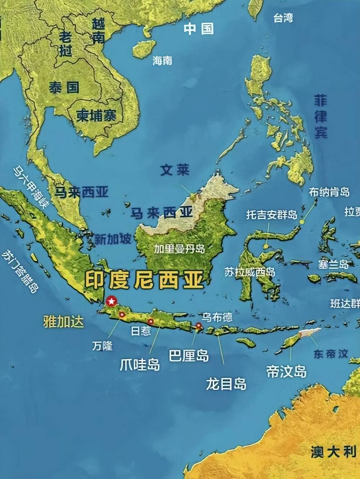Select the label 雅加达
(x=63, y=321)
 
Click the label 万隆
(x=102, y=346)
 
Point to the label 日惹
(x=141, y=331)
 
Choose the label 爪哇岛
(x=140, y=364)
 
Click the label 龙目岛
(x=226, y=384)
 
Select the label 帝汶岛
(x=287, y=371)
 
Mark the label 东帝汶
(x=330, y=354)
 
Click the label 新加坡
(x=113, y=239)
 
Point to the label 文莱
(x=175, y=170)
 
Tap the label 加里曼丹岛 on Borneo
(x=179, y=249)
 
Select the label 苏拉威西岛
(x=249, y=272)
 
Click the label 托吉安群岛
(x=272, y=215)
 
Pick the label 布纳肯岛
(x=329, y=192)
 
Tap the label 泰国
(x=64, y=88)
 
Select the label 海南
(x=162, y=61)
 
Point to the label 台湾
(x=283, y=18)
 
